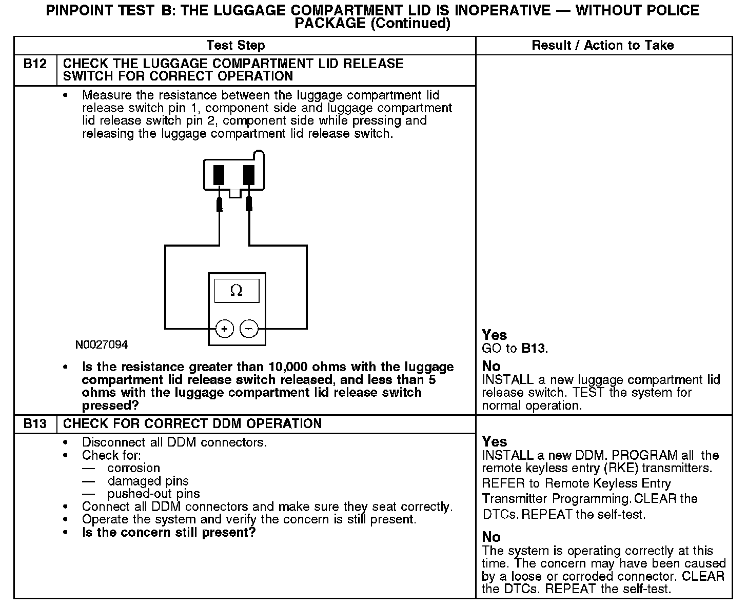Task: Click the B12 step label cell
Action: [x=35, y=64]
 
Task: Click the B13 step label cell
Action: [x=35, y=424]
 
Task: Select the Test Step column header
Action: [x=235, y=46]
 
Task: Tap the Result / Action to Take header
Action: [x=603, y=46]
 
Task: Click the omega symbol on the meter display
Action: [x=237, y=291]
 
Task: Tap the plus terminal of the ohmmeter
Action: [x=224, y=329]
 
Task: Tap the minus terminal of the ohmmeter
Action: [x=249, y=329]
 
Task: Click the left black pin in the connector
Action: [x=219, y=174]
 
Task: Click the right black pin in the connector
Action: [x=249, y=174]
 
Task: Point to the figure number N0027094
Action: [x=102, y=345]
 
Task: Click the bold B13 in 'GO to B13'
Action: [x=534, y=349]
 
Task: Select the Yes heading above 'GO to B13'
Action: [x=494, y=335]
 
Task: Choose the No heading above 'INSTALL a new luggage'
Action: [x=491, y=366]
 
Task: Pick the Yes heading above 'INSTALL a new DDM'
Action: [x=494, y=442]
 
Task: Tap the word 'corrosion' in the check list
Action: [x=133, y=468]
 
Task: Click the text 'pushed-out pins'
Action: [x=153, y=494]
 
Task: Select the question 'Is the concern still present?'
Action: [x=169, y=533]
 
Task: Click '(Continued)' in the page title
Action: [x=410, y=24]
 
